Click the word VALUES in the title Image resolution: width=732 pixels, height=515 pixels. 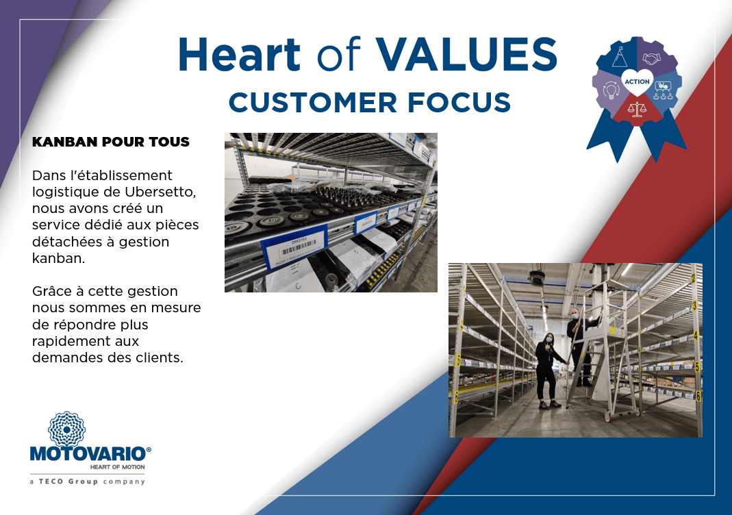point(467,54)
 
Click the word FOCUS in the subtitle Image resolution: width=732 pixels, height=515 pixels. point(459,102)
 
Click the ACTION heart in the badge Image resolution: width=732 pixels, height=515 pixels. point(637,82)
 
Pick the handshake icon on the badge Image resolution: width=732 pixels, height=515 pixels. point(652,58)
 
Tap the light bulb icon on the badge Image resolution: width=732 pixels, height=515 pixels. point(610,89)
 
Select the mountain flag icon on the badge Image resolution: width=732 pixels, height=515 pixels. point(620,58)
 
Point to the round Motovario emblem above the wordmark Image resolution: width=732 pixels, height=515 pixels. point(66,429)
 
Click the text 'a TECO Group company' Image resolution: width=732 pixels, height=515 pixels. point(87,481)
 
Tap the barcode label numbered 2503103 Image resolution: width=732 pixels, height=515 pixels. point(295,247)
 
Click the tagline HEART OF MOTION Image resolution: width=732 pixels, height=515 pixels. point(117,467)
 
